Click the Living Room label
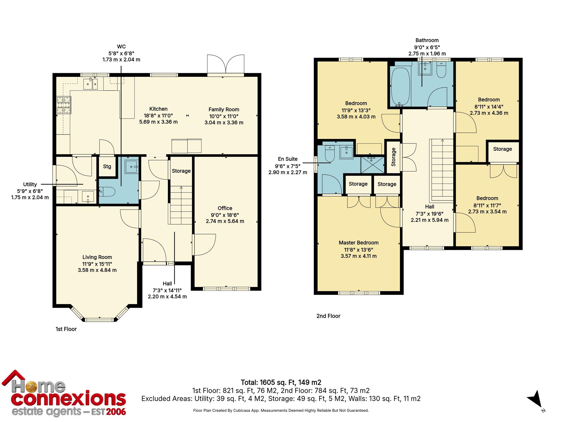97,257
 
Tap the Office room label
225,208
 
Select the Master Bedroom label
359,243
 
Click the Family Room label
224,109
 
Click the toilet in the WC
107,192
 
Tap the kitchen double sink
91,84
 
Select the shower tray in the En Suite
372,165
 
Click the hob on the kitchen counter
64,105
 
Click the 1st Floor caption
66,329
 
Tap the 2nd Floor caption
328,316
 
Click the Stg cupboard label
107,167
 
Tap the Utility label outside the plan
30,184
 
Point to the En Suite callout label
287,159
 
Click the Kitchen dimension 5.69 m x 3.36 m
158,122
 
